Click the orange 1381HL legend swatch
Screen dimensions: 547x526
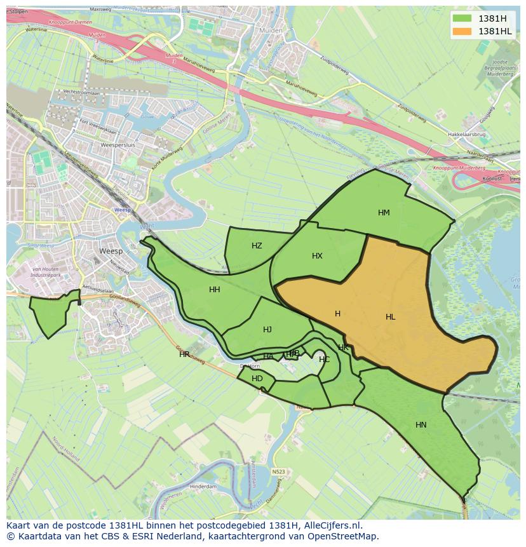pos(462,31)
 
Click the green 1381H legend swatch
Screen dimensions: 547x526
pos(462,18)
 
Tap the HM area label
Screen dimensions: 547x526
pos(384,213)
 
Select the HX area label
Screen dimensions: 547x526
pos(317,256)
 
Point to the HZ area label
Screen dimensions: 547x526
pos(257,246)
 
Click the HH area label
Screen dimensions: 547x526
pos(215,290)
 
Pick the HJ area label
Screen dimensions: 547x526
pos(267,330)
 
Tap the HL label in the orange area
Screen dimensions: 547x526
pos(390,317)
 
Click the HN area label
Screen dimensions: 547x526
pos(421,425)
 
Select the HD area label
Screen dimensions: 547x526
pos(257,379)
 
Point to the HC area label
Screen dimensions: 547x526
pos(324,360)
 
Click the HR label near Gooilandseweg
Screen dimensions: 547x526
pos(184,355)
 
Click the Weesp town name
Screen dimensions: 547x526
pos(111,252)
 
